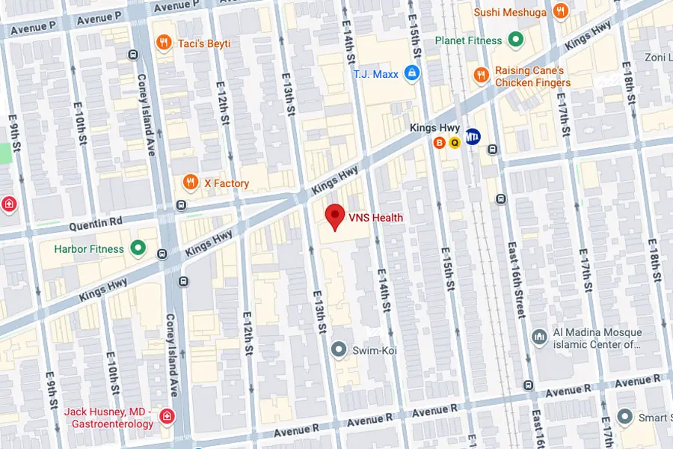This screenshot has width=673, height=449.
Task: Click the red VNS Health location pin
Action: click(x=335, y=216)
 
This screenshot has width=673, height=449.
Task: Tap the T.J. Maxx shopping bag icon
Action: click(x=410, y=73)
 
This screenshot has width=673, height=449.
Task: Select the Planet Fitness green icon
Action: click(x=515, y=40)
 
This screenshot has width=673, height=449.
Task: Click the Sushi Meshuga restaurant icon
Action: click(x=559, y=11)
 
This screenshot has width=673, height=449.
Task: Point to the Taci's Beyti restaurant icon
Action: click(x=163, y=43)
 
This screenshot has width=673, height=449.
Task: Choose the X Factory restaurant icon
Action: click(x=191, y=183)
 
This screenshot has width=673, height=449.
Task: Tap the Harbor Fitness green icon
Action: click(x=138, y=248)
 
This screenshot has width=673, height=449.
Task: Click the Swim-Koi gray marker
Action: click(x=339, y=349)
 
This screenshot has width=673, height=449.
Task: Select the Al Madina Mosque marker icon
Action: click(x=538, y=337)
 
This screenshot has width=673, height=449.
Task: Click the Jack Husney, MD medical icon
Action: click(x=168, y=417)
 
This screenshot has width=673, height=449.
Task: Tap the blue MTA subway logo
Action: click(x=473, y=136)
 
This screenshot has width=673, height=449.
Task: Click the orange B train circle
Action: click(x=440, y=142)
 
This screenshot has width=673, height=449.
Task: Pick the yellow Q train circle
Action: click(x=454, y=142)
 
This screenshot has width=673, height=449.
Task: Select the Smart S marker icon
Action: click(x=626, y=415)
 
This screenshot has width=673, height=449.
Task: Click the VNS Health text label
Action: click(x=375, y=218)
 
